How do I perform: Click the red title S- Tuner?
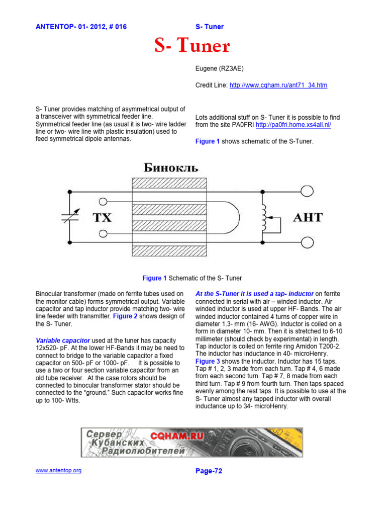click(x=192, y=47)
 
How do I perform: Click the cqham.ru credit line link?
click(x=278, y=85)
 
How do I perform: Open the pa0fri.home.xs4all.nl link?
click(x=293, y=125)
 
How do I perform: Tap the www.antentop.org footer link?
click(x=58, y=470)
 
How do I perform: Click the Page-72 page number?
click(x=209, y=471)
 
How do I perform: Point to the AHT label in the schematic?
click(x=308, y=218)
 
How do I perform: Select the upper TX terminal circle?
click(x=103, y=202)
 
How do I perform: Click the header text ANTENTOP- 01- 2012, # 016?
click(x=81, y=27)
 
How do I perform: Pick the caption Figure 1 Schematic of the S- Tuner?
click(x=192, y=278)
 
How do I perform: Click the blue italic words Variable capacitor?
click(x=63, y=340)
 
